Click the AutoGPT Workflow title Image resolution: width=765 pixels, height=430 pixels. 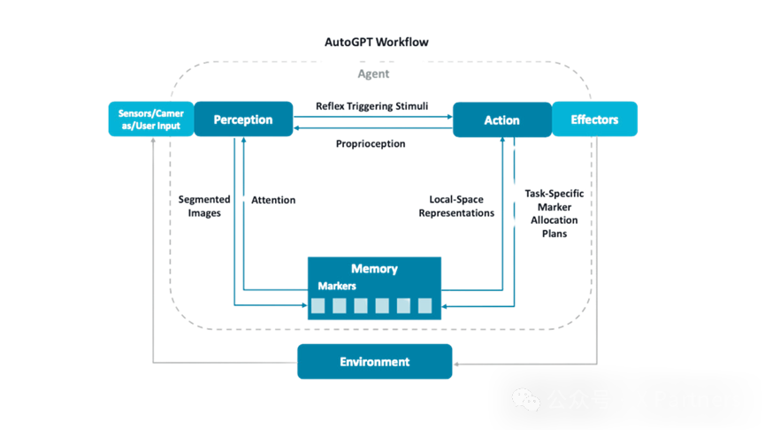pyautogui.click(x=377, y=42)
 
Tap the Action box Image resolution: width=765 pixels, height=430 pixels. pyautogui.click(x=501, y=119)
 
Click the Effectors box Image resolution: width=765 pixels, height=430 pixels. pyautogui.click(x=594, y=119)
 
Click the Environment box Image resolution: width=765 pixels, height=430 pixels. pyautogui.click(x=374, y=362)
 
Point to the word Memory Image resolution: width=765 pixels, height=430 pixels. pyautogui.click(x=374, y=269)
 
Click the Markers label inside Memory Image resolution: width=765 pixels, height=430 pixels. pyautogui.click(x=337, y=286)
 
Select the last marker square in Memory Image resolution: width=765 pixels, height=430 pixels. pyautogui.click(x=425, y=306)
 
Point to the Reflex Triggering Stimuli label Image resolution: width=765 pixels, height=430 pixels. pyautogui.click(x=372, y=106)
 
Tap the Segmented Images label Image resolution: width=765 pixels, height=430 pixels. pyautogui.click(x=204, y=206)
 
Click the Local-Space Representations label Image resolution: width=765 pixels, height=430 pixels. pyautogui.click(x=456, y=206)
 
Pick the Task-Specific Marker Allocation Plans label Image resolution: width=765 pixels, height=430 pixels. pyautogui.click(x=554, y=213)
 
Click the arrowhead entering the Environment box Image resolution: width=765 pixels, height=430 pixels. pyautogui.click(x=457, y=362)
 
